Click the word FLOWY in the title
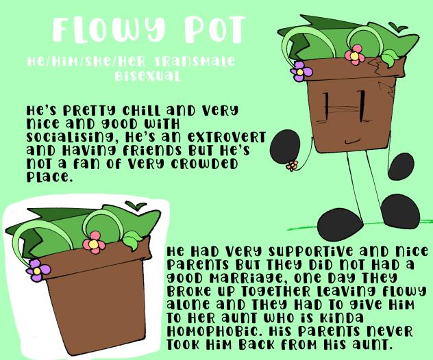click(x=109, y=30)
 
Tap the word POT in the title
click(x=213, y=29)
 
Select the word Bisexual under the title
click(x=147, y=75)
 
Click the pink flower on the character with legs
click(x=355, y=55)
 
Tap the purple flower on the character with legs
click(x=301, y=72)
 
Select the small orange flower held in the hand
click(x=292, y=166)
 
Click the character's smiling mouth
click(x=352, y=142)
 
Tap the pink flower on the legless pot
click(x=94, y=243)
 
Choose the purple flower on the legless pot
click(x=38, y=270)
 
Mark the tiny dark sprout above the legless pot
click(x=136, y=205)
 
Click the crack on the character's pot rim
click(x=376, y=67)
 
